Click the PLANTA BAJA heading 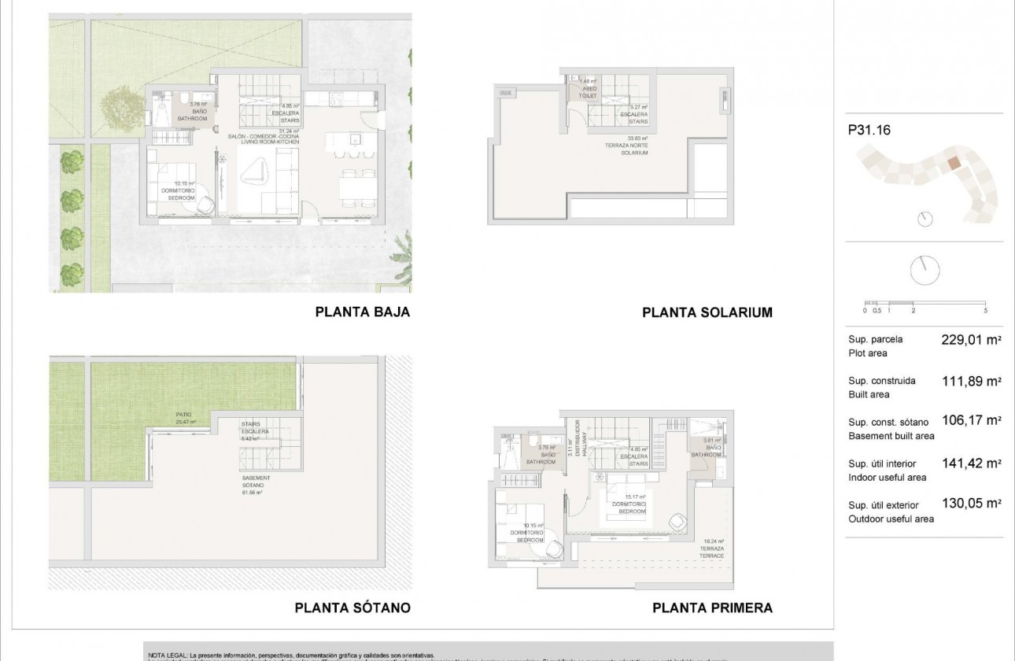point(363,312)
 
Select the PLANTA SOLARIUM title point(707,312)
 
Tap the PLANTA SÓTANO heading point(352,607)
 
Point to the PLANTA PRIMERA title point(712,607)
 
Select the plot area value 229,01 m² point(971,341)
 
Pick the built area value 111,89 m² point(971,382)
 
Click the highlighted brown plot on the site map point(952,163)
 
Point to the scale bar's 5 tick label point(985,311)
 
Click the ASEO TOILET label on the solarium point(589,91)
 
